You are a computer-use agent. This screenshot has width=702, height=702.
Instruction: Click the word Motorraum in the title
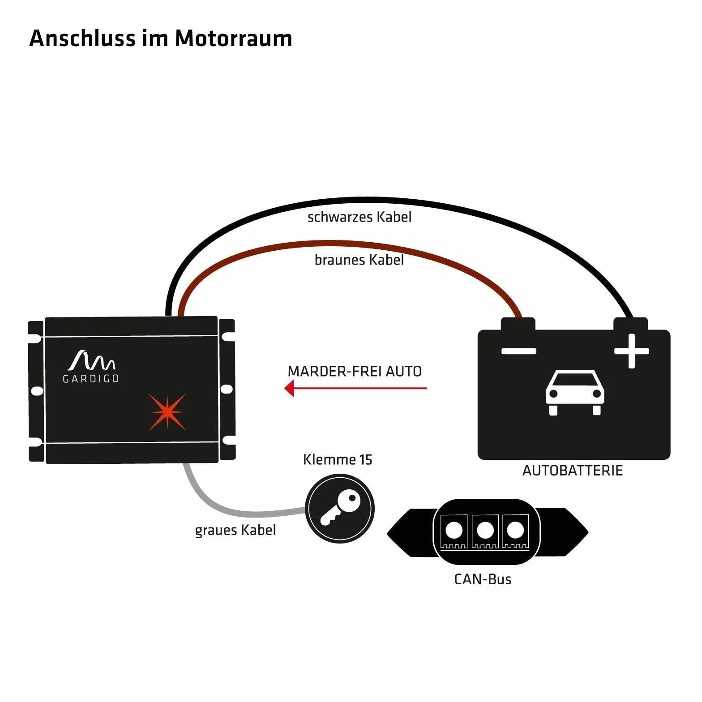[x=233, y=38]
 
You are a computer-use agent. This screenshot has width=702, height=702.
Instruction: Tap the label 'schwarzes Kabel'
[x=360, y=217]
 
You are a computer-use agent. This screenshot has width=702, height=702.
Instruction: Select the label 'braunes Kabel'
[x=359, y=260]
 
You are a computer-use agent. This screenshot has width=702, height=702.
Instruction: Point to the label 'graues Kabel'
[x=235, y=530]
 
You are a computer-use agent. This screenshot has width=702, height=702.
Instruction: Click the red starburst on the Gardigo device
[x=167, y=412]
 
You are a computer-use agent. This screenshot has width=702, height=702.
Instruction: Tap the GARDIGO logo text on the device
[x=91, y=379]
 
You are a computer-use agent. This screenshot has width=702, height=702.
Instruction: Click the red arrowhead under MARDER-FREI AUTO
[x=289, y=388]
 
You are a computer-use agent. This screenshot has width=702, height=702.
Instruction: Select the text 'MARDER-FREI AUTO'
[x=355, y=372]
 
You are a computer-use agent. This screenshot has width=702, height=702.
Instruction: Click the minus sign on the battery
[x=519, y=351]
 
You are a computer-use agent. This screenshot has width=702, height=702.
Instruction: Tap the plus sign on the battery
[x=631, y=351]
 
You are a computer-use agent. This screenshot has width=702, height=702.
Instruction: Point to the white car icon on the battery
[x=575, y=393]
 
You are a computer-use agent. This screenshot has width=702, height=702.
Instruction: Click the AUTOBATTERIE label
[x=573, y=471]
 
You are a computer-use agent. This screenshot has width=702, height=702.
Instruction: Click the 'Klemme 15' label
[x=338, y=460]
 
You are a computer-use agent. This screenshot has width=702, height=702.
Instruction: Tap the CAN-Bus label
[x=483, y=579]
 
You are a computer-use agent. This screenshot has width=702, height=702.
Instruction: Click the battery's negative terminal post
[x=518, y=324]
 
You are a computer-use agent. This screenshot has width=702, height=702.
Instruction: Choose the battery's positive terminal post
[x=630, y=324]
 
